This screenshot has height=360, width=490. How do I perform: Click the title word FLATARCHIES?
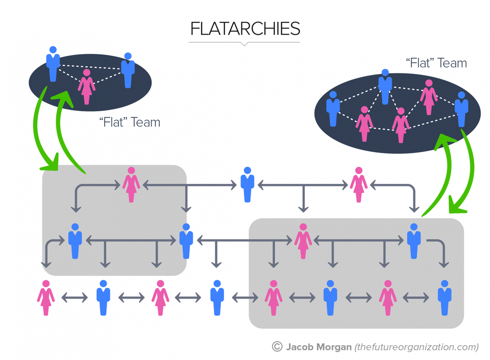tap(244, 29)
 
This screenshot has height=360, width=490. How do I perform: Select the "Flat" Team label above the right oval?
tap(436, 63)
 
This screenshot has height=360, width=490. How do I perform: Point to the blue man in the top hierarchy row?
tap(248, 184)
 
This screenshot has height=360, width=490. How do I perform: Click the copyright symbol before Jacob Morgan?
tap(277, 347)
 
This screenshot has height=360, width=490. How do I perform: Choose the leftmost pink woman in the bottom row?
tap(46, 298)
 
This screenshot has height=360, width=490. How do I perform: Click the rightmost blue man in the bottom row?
tap(444, 298)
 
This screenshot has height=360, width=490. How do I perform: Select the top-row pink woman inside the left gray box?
tap(131, 184)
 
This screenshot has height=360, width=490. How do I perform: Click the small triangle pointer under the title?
tap(244, 44)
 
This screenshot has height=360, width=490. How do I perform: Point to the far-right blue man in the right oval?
tap(461, 109)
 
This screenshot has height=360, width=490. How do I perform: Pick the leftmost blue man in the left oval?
tap(53, 64)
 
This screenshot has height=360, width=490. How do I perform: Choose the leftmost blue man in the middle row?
tap(75, 241)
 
